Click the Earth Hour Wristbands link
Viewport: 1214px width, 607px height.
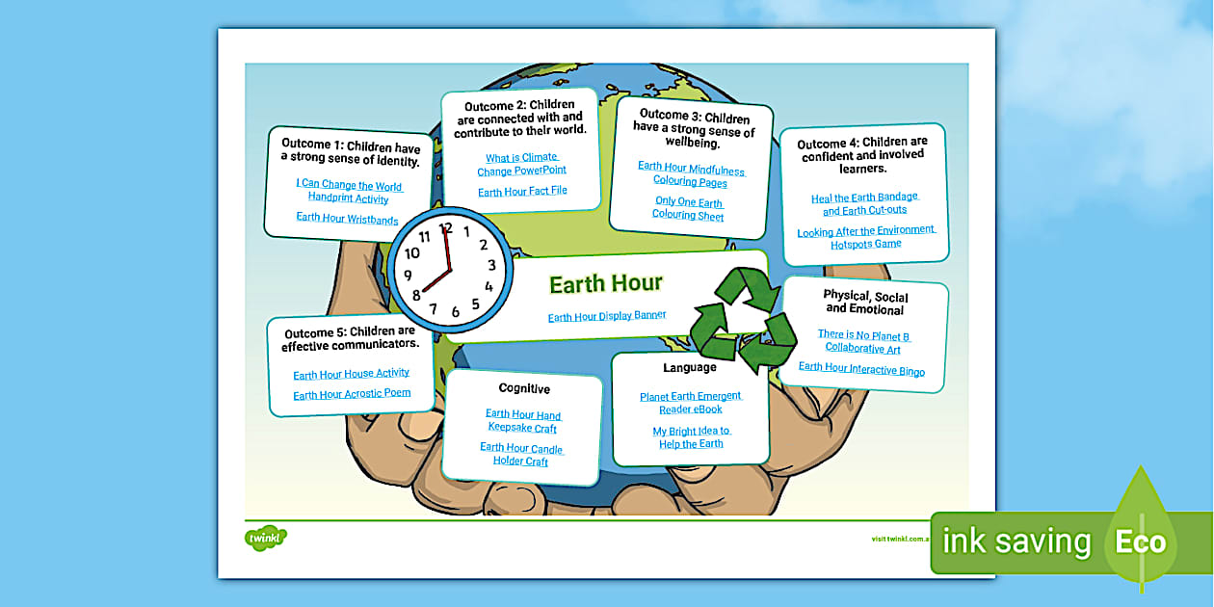click(347, 219)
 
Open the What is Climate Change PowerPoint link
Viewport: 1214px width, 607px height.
click(521, 165)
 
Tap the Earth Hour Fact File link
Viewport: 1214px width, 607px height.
click(522, 191)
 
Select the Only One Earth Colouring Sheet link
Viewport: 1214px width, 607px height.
click(688, 209)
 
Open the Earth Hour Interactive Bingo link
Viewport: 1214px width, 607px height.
click(861, 370)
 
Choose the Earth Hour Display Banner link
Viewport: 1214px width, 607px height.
click(607, 316)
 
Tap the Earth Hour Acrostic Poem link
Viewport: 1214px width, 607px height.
click(352, 394)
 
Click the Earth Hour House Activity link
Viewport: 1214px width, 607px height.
click(351, 373)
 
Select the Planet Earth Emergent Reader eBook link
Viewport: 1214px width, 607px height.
click(690, 403)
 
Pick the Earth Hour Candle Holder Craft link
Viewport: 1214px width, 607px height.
click(521, 455)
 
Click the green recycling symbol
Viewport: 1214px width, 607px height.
click(743, 314)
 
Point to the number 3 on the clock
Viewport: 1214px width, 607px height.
click(491, 265)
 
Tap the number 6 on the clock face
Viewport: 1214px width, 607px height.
click(456, 311)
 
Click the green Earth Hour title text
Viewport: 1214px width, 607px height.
click(606, 283)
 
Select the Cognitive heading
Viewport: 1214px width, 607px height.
click(524, 389)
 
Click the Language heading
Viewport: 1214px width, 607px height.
click(690, 368)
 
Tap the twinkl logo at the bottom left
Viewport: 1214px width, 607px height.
click(267, 537)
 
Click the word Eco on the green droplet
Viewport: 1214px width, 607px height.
click(1141, 541)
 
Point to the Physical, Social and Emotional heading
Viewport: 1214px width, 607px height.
click(864, 303)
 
